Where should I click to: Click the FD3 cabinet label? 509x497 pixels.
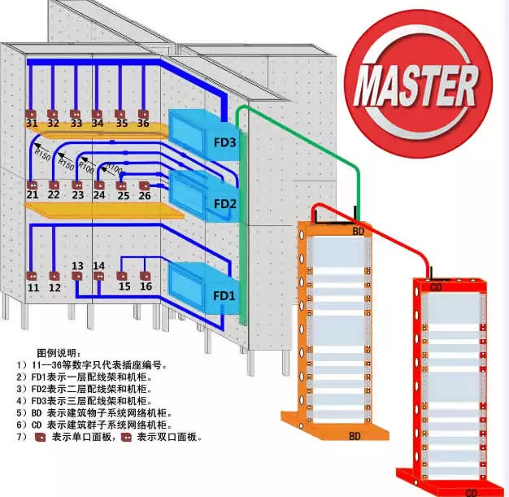point(224,143)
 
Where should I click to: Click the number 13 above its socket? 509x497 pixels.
point(77,266)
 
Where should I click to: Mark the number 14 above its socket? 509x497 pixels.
point(98,266)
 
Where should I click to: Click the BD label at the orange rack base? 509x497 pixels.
point(355,437)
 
